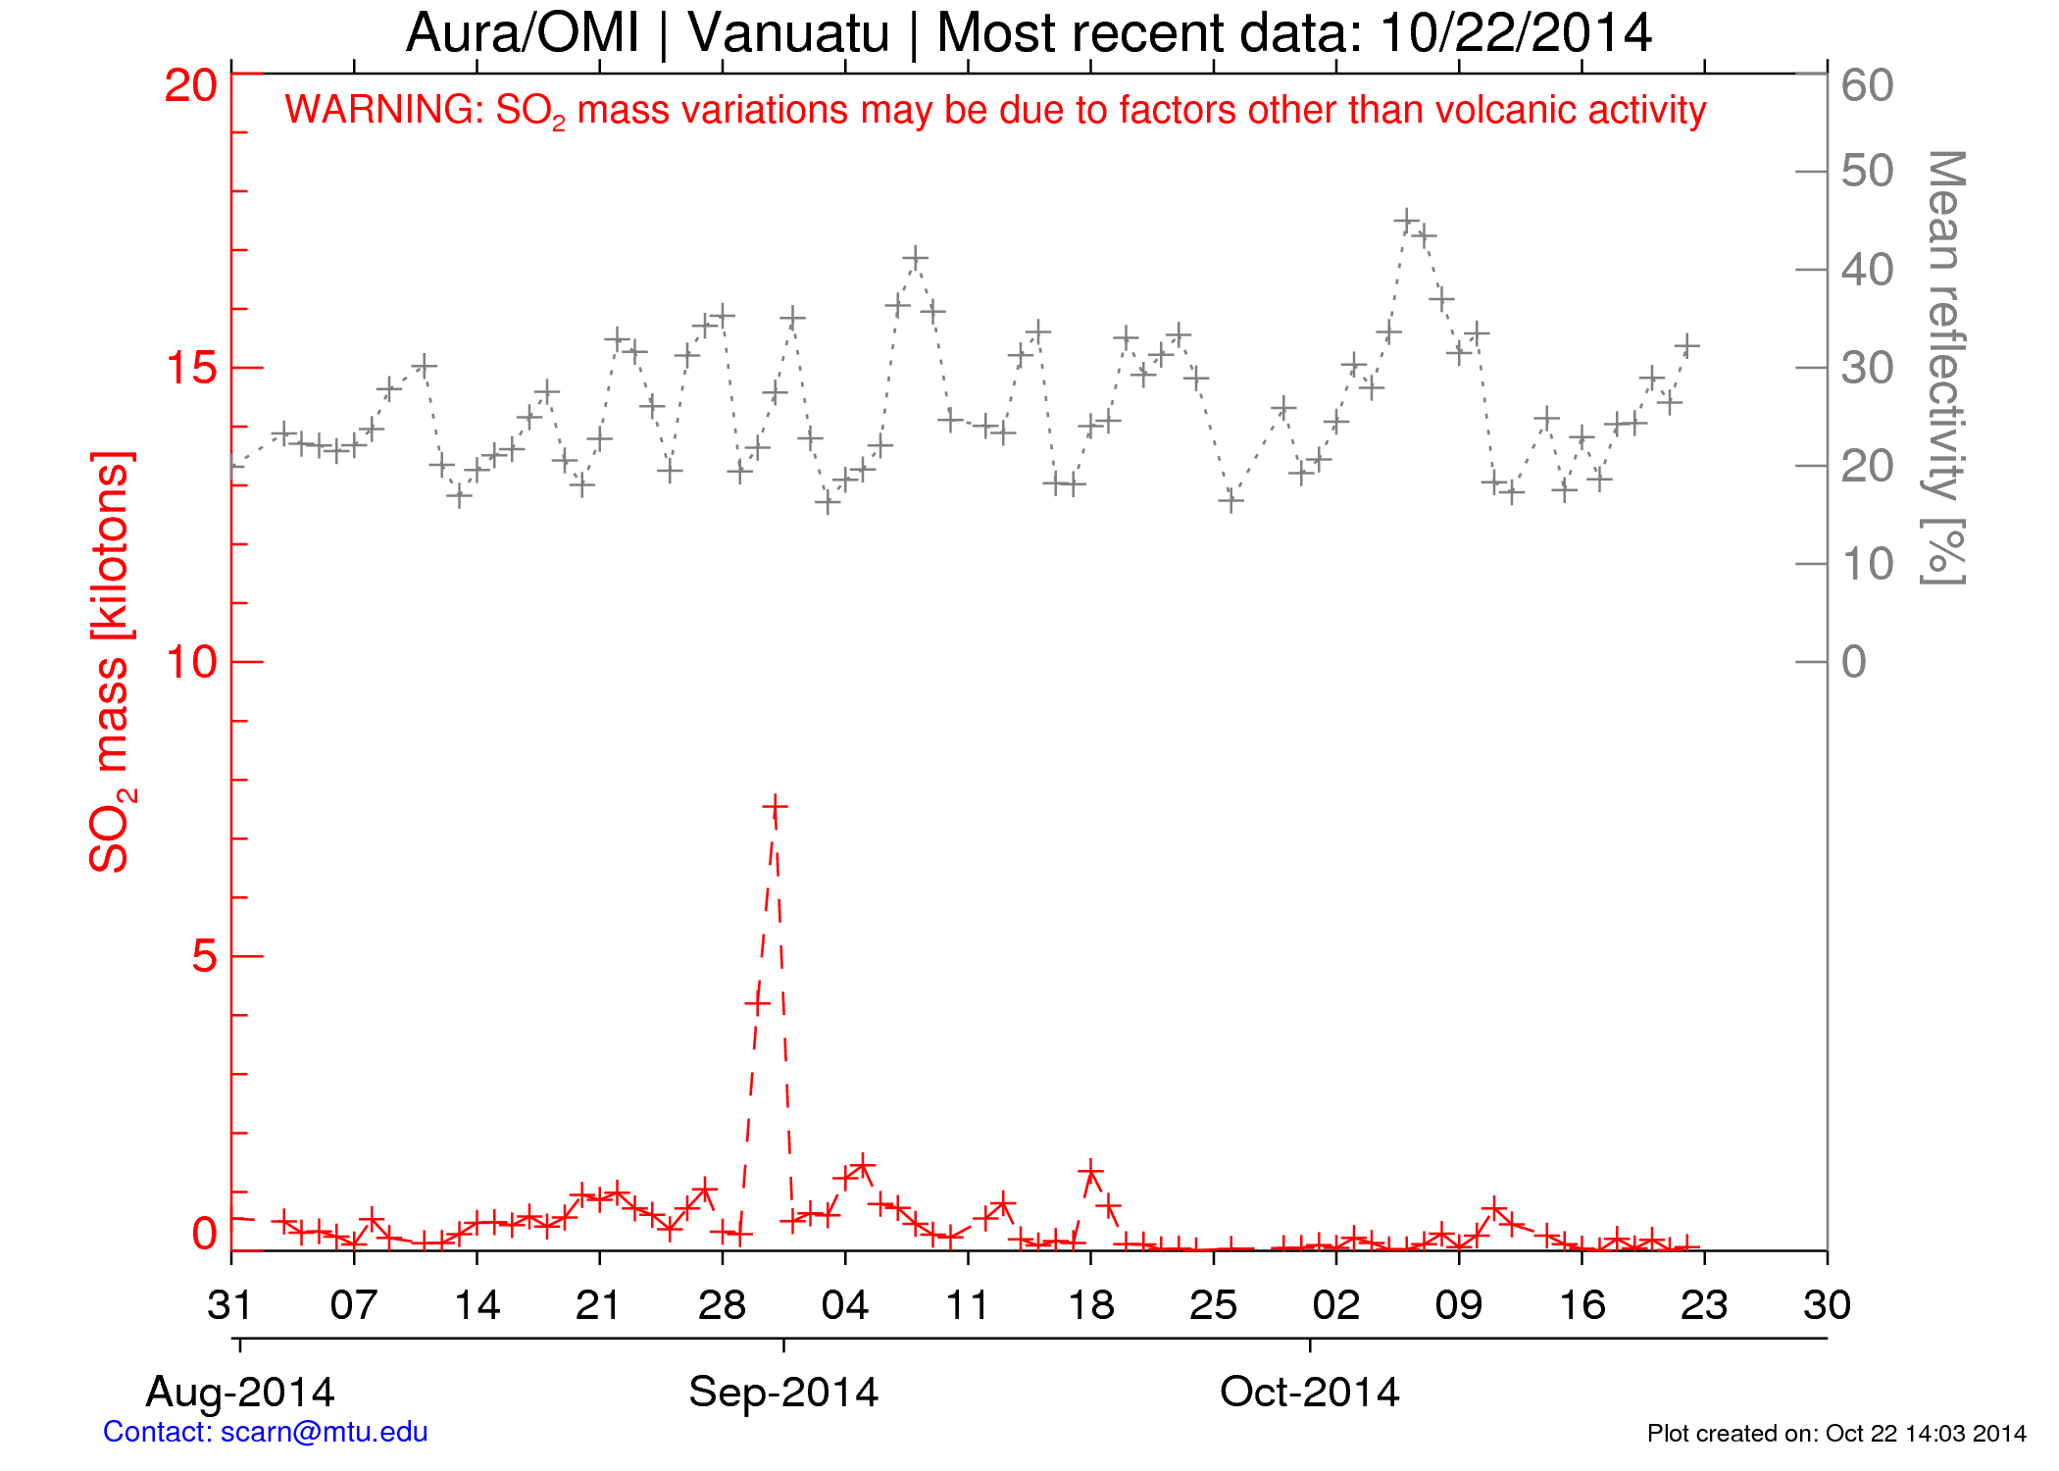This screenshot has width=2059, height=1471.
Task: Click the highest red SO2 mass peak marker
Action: tap(775, 807)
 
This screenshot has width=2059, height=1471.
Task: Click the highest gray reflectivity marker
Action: tap(1407, 221)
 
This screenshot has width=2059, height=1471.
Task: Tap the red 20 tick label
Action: tap(190, 86)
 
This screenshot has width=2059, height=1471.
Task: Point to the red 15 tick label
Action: tap(190, 369)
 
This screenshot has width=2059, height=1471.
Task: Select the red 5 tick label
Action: tap(204, 956)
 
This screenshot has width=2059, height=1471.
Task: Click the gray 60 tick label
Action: tap(1867, 86)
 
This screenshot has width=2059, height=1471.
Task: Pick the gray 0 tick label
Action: tap(1853, 663)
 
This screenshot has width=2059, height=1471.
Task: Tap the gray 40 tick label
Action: tap(1867, 271)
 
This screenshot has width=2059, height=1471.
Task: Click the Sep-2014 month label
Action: tap(783, 1392)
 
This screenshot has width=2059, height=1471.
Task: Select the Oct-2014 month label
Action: tap(1309, 1392)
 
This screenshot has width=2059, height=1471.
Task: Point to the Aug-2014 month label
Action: tap(240, 1392)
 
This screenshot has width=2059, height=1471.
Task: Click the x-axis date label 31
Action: tap(231, 1305)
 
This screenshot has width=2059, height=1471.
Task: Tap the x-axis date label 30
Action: tap(1827, 1305)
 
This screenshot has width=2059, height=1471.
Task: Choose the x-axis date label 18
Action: tap(1090, 1305)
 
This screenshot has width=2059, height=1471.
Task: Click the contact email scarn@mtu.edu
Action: tap(324, 1432)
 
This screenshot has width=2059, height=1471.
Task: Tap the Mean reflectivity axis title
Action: tap(1943, 368)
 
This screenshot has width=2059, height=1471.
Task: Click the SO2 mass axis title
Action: tap(110, 662)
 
